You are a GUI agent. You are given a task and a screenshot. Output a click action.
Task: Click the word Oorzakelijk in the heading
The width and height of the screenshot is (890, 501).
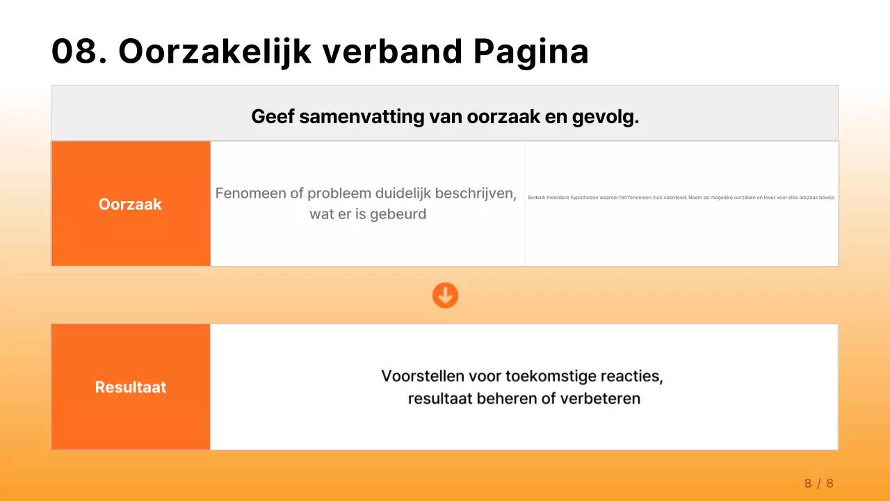[215, 51]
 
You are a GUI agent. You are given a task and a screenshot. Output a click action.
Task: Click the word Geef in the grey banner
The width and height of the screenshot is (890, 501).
[273, 117]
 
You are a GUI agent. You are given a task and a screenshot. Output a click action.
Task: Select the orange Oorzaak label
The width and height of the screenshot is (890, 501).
[130, 205]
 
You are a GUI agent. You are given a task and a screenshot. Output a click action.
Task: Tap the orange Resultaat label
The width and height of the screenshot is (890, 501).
[130, 388]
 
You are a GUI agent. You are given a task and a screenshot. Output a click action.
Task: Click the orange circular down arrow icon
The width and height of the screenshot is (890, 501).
[445, 295]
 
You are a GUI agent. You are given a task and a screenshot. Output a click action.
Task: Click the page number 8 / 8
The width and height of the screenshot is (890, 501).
[818, 484]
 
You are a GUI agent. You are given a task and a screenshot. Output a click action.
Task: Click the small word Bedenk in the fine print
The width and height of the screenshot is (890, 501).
[535, 198]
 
